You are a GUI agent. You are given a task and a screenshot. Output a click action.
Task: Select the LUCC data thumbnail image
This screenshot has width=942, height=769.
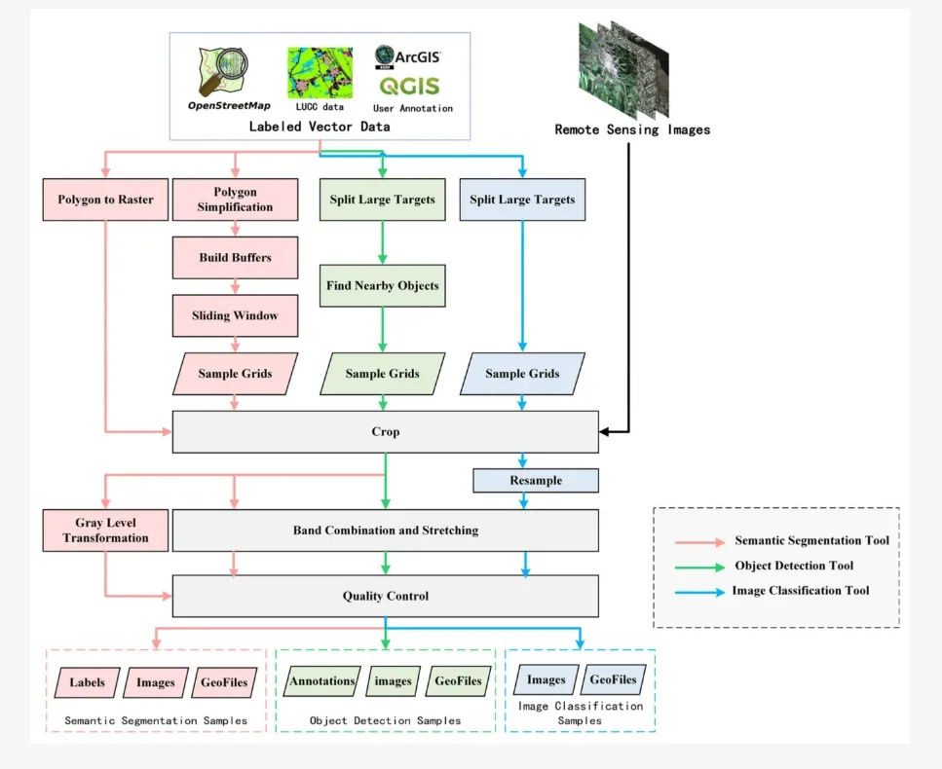coord(320,72)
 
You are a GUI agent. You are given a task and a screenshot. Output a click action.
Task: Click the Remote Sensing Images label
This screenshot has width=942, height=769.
coord(632,129)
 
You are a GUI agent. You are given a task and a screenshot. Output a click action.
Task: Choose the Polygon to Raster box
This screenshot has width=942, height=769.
coord(105,200)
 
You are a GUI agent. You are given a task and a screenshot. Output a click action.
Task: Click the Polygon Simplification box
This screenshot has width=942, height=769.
coord(235,200)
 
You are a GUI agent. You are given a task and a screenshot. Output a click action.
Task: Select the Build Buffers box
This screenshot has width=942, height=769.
coord(235,258)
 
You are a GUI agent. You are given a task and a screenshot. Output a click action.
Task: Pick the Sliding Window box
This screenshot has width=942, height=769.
coord(235,315)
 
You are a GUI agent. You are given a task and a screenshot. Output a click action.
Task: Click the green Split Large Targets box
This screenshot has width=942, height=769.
coord(382,200)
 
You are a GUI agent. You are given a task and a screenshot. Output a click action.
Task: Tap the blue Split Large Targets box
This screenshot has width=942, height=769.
coord(522,200)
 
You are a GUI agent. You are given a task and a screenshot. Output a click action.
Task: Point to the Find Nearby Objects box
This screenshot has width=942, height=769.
coord(382,286)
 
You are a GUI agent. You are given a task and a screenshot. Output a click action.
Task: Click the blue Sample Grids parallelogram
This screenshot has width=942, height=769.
coord(522,374)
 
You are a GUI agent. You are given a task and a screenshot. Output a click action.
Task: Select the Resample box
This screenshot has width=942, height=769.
coord(535,481)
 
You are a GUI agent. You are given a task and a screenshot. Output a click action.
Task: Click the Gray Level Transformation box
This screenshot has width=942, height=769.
coord(105,531)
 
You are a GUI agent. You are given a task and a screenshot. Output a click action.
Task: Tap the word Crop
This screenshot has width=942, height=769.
coord(386,431)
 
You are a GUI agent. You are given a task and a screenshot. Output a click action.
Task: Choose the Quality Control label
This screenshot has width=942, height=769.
coord(386,596)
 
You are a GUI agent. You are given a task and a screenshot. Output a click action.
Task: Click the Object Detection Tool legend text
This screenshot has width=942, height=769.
coord(794,566)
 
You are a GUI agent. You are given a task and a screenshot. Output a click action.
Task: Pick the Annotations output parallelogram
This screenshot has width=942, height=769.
coord(322,681)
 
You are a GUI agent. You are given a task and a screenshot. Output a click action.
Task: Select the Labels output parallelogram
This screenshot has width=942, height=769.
coord(88,682)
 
